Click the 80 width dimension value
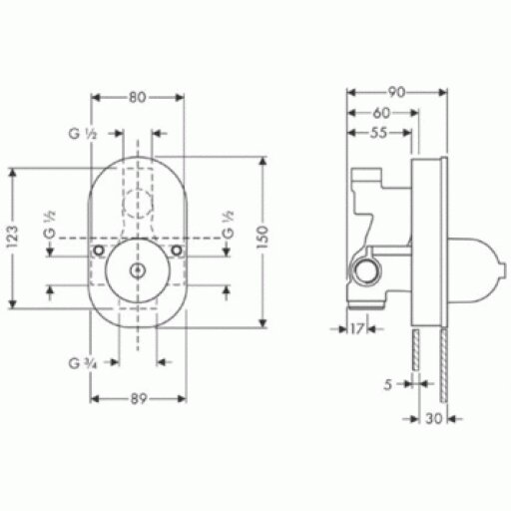pyautogui.click(x=138, y=98)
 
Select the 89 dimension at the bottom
pyautogui.click(x=139, y=398)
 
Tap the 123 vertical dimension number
pyautogui.click(x=13, y=237)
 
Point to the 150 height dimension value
pyautogui.click(x=262, y=237)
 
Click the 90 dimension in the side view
pyautogui.click(x=396, y=93)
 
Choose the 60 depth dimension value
pyautogui.click(x=381, y=113)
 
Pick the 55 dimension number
pyautogui.click(x=379, y=133)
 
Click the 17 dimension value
pyautogui.click(x=356, y=329)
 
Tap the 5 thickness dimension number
pyautogui.click(x=388, y=385)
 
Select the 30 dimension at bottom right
pyautogui.click(x=434, y=419)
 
